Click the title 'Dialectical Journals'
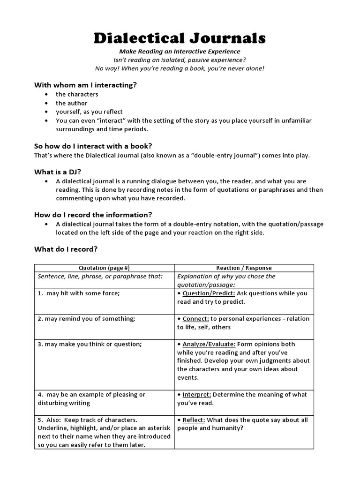(x=180, y=37)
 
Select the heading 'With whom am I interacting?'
(x=85, y=85)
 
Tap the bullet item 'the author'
(x=71, y=103)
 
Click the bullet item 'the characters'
(x=77, y=94)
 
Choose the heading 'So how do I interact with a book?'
(x=93, y=146)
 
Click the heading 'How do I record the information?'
(x=93, y=215)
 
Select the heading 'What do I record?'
(x=66, y=249)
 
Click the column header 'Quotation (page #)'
(x=104, y=268)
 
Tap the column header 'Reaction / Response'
(x=244, y=268)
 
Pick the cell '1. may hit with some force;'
(x=79, y=293)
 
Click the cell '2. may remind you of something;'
(x=86, y=319)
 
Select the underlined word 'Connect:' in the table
(x=195, y=319)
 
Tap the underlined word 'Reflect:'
(x=194, y=420)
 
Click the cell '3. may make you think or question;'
(x=89, y=344)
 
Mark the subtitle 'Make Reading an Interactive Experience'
(x=180, y=52)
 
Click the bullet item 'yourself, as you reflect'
(x=89, y=112)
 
